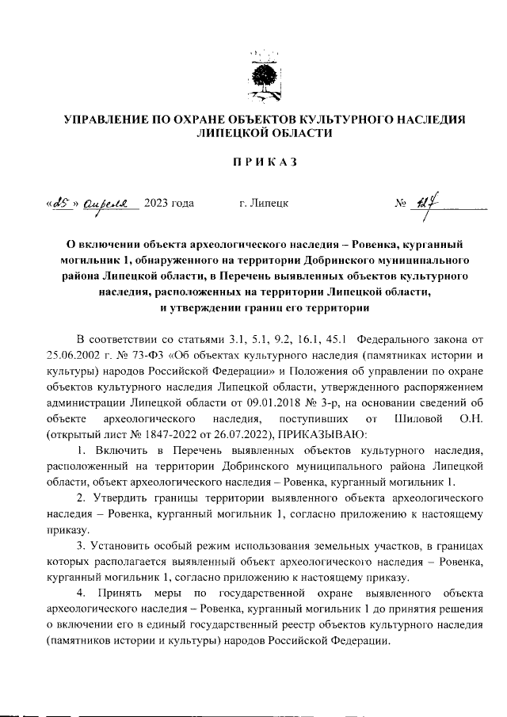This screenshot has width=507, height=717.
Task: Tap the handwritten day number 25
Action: (x=58, y=204)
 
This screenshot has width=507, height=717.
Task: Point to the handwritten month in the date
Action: (x=109, y=204)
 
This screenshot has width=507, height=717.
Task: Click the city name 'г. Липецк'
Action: (x=263, y=204)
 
